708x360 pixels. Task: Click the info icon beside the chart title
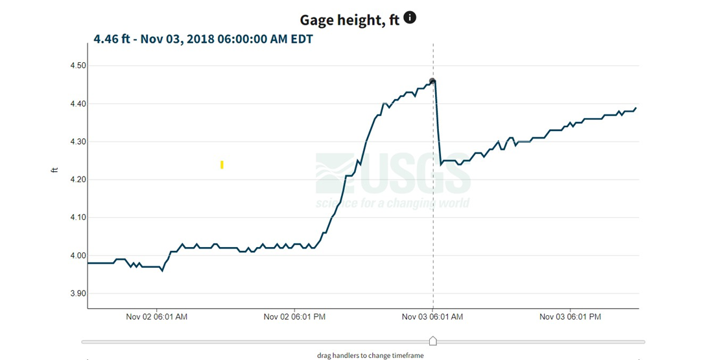pyautogui.click(x=410, y=18)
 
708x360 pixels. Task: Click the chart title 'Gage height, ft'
pyautogui.click(x=349, y=20)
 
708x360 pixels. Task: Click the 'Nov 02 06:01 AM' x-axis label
pyautogui.click(x=157, y=317)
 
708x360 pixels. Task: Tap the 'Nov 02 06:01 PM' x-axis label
pyautogui.click(x=295, y=317)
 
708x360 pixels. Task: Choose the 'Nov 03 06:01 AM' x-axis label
pyautogui.click(x=432, y=317)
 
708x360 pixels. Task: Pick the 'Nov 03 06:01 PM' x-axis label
pyautogui.click(x=571, y=317)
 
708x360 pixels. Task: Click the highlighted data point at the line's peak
pyautogui.click(x=432, y=82)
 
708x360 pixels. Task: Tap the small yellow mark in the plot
pyautogui.click(x=222, y=165)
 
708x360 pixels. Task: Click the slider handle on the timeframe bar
pyautogui.click(x=433, y=341)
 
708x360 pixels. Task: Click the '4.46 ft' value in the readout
pyautogui.click(x=111, y=40)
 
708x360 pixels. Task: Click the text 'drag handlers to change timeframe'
pyautogui.click(x=371, y=355)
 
